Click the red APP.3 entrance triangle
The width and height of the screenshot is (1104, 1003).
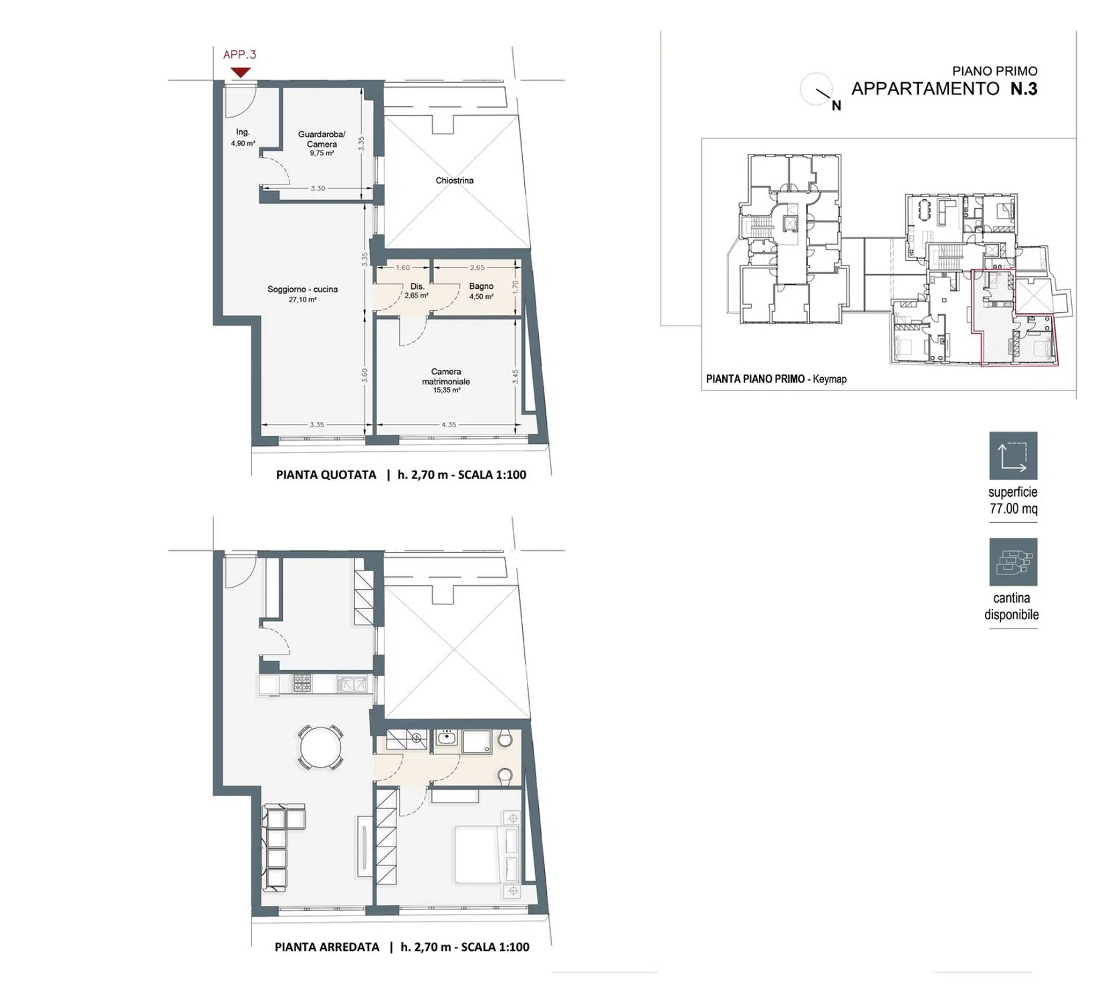point(240,72)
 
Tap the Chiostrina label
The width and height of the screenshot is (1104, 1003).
point(455,181)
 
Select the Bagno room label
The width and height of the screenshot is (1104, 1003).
point(481,286)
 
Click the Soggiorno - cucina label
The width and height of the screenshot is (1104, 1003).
point(302,290)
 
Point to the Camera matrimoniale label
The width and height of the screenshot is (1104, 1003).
point(446,376)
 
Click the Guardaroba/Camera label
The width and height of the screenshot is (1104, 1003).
point(322,139)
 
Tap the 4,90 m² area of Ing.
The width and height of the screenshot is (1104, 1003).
point(243,143)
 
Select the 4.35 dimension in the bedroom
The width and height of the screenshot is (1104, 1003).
point(449,425)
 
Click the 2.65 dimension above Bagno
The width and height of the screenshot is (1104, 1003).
point(477,267)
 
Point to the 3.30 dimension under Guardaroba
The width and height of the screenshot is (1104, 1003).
point(318,189)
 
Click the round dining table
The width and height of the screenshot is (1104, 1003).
point(320,748)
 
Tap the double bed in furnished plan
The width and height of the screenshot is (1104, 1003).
point(487,855)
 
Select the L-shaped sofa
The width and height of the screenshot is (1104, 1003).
point(284,848)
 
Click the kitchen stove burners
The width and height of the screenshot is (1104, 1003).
point(302,683)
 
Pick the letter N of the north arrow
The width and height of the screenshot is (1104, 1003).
point(836,106)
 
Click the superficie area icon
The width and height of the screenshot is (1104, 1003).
point(1013,456)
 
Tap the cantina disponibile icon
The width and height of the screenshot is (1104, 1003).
point(1013,562)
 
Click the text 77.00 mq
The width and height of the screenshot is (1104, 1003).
point(1014,509)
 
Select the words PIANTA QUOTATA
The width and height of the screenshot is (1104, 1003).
point(326,475)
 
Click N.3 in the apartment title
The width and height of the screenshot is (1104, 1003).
point(1023,88)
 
